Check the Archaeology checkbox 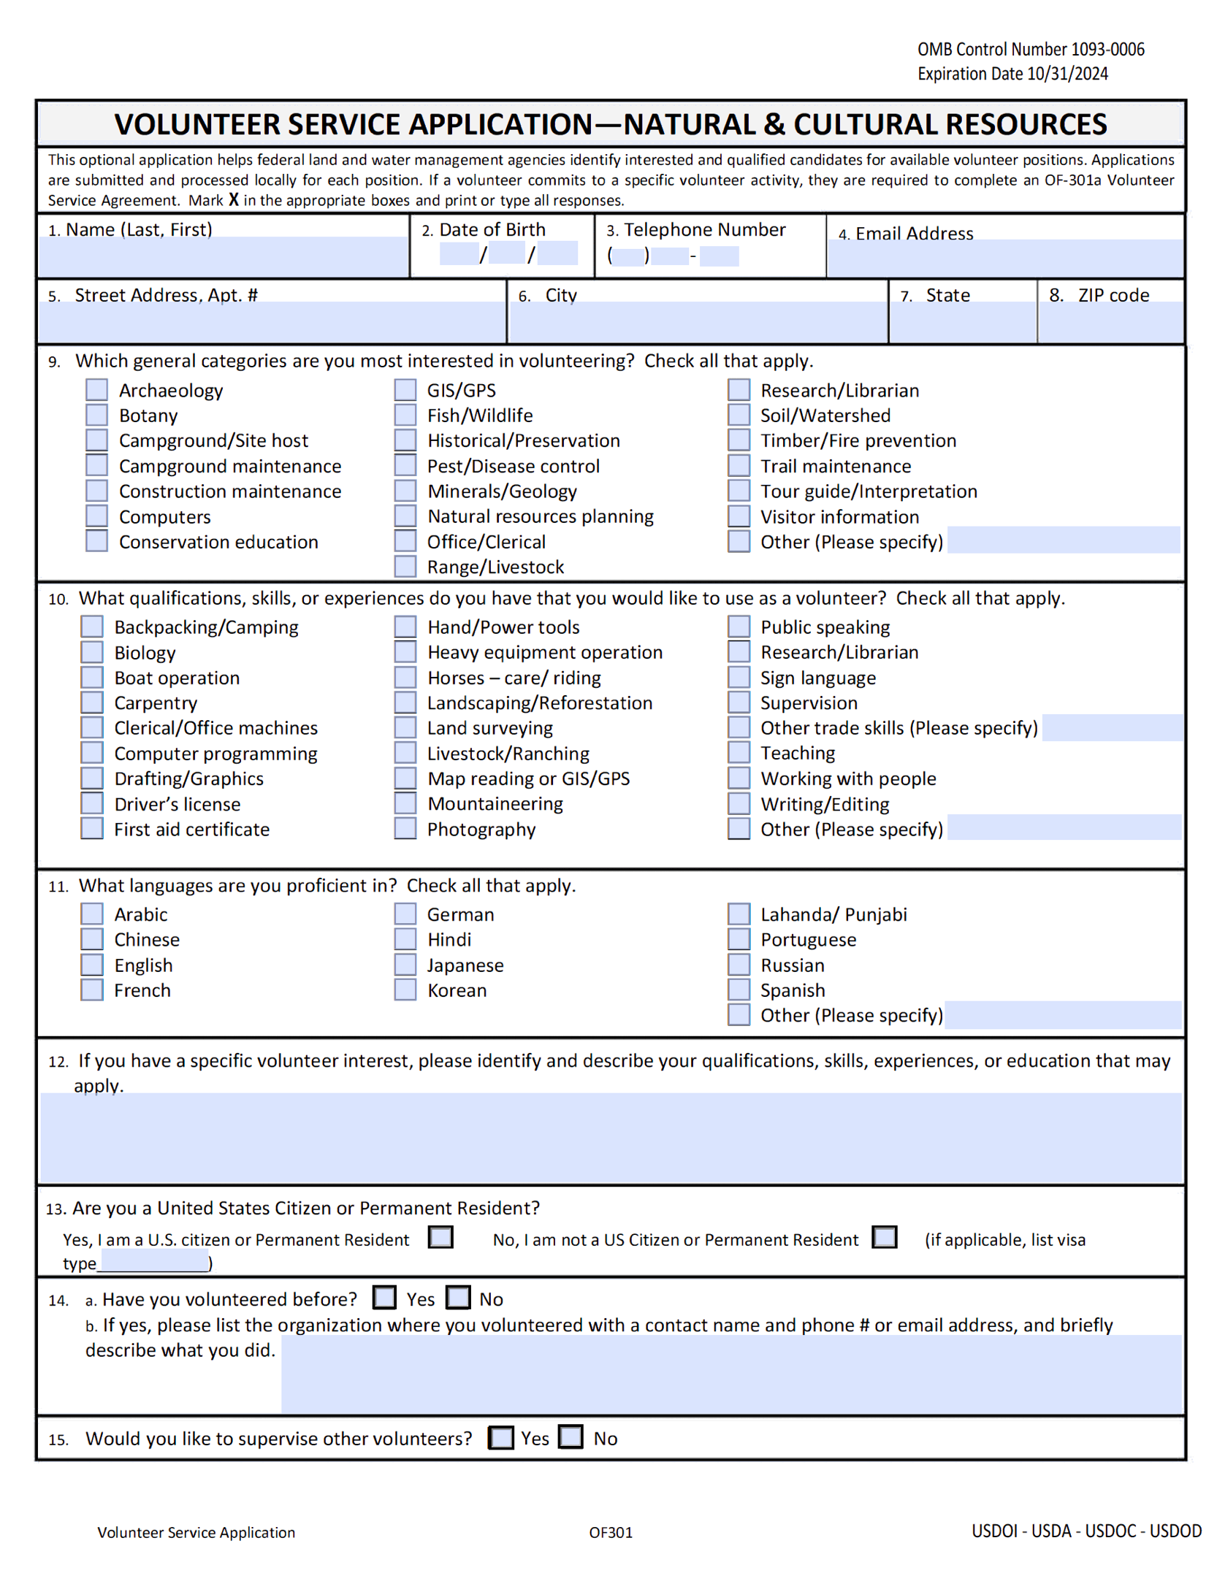coord(96,389)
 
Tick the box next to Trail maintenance coord(739,465)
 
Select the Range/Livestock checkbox coord(405,566)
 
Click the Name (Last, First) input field coord(223,256)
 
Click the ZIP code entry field coord(1110,321)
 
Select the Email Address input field coord(1004,259)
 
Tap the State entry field coord(962,321)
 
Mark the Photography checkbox coord(405,828)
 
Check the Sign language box coord(739,677)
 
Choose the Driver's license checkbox coord(92,803)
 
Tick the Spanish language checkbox coord(739,990)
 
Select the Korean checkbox coord(405,990)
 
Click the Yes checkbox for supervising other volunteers coord(501,1437)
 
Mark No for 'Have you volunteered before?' coord(458,1298)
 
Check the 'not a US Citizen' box coord(884,1237)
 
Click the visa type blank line coord(154,1262)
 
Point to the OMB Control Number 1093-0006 coord(1030,49)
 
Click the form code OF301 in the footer coord(611,1531)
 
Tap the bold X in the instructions coord(233,199)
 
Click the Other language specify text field coord(1062,1014)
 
